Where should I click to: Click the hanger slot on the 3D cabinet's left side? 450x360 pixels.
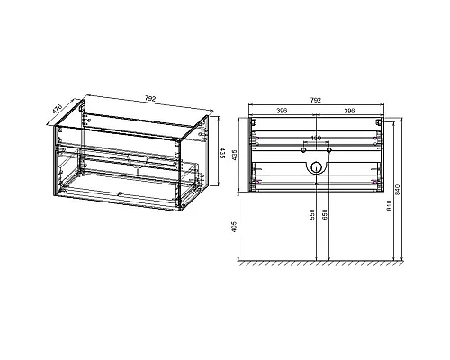82,109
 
